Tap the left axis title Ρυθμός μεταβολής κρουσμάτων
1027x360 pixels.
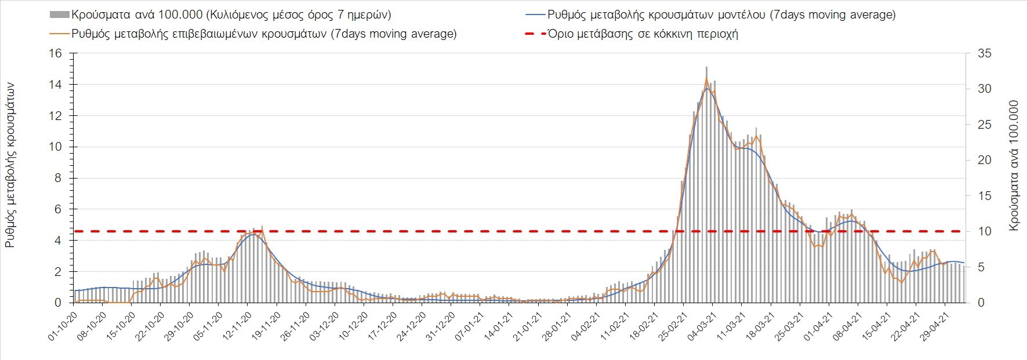pyautogui.click(x=10, y=165)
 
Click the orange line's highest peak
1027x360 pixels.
pyautogui.click(x=706, y=78)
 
